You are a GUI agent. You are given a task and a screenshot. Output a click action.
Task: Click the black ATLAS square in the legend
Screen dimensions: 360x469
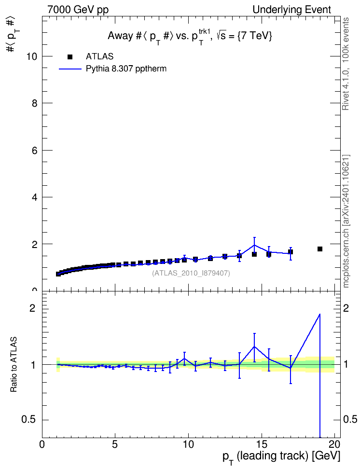click(70, 57)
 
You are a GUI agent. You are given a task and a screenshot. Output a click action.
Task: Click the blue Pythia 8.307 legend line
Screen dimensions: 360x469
click(70, 69)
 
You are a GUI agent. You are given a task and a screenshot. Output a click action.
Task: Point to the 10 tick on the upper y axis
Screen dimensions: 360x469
click(44, 56)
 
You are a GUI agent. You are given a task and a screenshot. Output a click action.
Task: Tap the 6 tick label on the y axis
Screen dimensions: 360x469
click(34, 151)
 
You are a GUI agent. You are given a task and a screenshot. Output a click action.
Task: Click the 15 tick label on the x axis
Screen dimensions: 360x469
click(262, 444)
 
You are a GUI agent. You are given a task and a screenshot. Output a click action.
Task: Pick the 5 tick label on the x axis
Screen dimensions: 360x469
click(115, 444)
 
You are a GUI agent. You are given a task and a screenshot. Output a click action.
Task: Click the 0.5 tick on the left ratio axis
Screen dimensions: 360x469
click(44, 420)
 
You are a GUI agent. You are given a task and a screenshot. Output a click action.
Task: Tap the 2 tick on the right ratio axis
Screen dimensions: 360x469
click(338, 309)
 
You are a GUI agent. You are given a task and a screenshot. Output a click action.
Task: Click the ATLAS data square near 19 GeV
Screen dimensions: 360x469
click(320, 249)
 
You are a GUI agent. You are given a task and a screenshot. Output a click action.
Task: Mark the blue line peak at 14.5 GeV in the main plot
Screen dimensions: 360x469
click(254, 245)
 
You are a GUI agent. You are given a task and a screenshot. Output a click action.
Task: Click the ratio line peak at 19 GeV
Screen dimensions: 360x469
click(320, 314)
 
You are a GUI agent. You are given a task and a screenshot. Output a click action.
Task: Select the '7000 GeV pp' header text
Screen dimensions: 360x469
click(78, 10)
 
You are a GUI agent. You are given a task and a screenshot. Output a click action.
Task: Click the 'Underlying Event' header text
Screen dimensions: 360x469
click(292, 10)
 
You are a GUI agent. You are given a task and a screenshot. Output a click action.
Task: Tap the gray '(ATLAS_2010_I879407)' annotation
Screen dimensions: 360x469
click(191, 273)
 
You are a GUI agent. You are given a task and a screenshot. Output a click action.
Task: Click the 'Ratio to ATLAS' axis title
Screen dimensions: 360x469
click(14, 365)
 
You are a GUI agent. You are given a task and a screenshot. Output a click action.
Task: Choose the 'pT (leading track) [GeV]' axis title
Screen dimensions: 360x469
click(281, 457)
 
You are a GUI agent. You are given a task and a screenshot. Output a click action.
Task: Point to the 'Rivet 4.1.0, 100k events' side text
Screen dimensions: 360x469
click(346, 64)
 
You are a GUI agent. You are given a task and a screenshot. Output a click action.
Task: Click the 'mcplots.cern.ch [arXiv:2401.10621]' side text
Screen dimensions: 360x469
click(346, 221)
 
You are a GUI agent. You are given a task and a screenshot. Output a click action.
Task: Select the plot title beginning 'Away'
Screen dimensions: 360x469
click(190, 37)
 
